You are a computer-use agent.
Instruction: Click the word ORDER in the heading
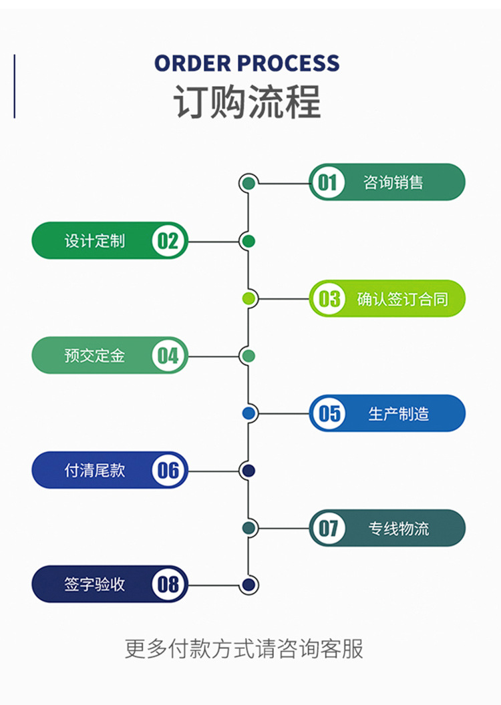[x=193, y=63]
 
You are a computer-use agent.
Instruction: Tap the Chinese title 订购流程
[x=247, y=101]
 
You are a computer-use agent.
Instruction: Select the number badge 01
[x=327, y=182]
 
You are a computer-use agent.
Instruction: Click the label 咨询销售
[x=393, y=182]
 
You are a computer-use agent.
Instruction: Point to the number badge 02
[x=168, y=241]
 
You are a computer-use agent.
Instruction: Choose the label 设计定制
[x=95, y=241]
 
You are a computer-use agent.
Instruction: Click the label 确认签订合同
[x=402, y=298]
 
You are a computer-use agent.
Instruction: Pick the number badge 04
[x=168, y=356]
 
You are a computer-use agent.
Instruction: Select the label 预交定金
[x=95, y=356]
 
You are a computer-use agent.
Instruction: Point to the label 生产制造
[x=399, y=413]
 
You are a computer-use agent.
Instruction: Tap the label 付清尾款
[x=95, y=471]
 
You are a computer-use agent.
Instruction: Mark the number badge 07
[x=328, y=528]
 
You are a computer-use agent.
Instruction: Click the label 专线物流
[x=399, y=528]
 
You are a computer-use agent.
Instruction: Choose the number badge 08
[x=168, y=585]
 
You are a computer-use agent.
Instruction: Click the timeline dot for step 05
[x=248, y=413]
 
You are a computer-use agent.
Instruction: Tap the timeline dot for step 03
[x=248, y=298]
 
